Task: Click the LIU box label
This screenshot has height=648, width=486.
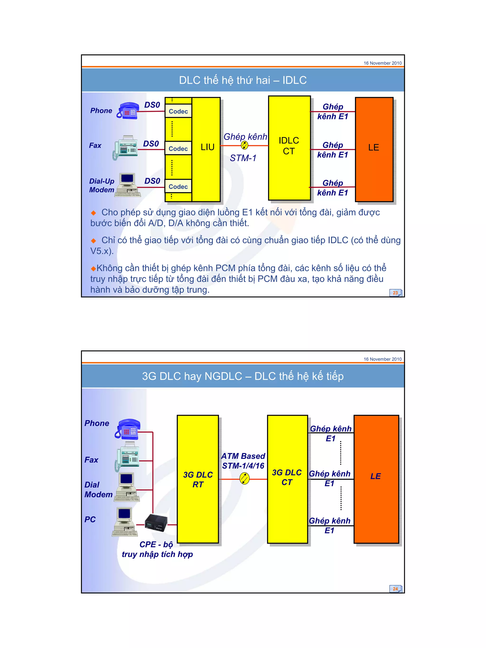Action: tap(207, 147)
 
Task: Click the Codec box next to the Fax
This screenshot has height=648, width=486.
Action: tap(178, 149)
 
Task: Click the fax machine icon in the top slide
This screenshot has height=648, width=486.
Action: tap(125, 148)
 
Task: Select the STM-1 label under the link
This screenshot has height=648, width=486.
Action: tap(243, 158)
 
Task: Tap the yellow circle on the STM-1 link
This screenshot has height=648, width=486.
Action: tap(244, 145)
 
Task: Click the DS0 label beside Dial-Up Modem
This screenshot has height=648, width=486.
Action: tap(152, 181)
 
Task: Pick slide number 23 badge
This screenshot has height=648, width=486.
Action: tap(395, 293)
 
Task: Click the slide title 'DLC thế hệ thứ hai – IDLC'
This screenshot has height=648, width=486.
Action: tap(243, 80)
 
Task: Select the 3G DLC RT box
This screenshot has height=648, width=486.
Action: tap(198, 479)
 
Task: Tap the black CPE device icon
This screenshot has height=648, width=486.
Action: tap(156, 523)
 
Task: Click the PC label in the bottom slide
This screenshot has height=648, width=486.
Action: tap(90, 519)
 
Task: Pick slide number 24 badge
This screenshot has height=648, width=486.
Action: tap(395, 589)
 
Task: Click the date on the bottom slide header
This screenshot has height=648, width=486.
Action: tap(382, 359)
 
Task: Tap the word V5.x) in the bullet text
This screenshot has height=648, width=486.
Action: tap(102, 251)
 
